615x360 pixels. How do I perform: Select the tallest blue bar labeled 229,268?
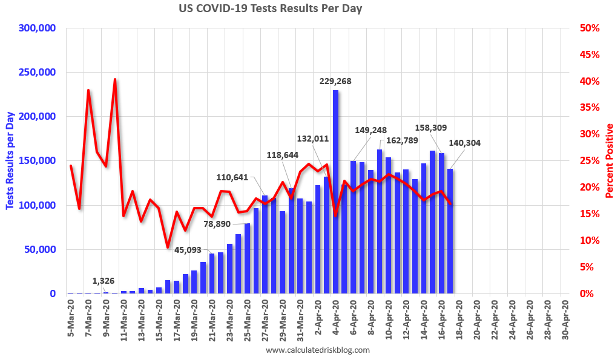pyautogui.click(x=335, y=194)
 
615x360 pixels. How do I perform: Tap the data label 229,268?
pyautogui.click(x=335, y=81)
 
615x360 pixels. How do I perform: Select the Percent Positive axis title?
pyautogui.click(x=608, y=160)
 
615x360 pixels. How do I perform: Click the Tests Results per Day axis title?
pyautogui.click(x=10, y=160)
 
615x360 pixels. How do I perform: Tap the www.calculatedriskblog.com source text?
pyautogui.click(x=318, y=350)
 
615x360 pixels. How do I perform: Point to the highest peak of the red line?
pyautogui.click(x=114, y=79)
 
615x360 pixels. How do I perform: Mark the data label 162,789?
pyautogui.click(x=402, y=141)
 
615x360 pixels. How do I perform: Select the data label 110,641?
pyautogui.click(x=232, y=177)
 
